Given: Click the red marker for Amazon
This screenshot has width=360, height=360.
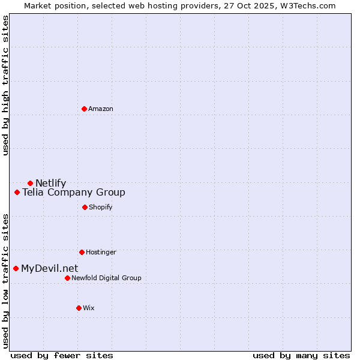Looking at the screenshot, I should pos(84,109).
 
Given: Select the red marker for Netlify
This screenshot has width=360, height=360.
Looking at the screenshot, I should pos(30,183).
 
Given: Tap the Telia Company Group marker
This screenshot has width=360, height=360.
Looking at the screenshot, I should pos(17,193).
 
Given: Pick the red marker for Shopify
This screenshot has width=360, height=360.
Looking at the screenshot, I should pos(85,207).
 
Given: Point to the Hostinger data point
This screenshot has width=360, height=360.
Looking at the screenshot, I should pos(82,252).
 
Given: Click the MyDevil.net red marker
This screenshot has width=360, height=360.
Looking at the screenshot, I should pos(16,268).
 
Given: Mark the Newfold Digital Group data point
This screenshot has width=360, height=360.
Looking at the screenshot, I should pos(67,278).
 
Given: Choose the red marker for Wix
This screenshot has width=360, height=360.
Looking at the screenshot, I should pos(79,308).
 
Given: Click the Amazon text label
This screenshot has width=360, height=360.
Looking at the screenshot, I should pos(101,109).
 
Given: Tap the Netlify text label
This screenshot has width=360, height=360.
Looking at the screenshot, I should pos(50,183).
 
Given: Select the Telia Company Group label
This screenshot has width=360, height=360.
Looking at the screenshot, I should pos(74,193).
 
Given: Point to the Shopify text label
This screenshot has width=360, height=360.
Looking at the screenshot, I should pos(100,207).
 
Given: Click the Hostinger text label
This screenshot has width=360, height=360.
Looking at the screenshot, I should pos(101,252).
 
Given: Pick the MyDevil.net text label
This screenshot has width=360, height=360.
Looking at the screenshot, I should pos(49,268).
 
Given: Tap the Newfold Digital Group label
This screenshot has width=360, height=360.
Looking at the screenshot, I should pos(106,278).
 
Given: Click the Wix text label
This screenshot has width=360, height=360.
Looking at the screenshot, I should pos(89,308).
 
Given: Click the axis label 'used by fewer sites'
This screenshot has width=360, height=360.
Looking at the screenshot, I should pos(62,355).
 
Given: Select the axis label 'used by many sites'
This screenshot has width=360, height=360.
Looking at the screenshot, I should pos(301,355).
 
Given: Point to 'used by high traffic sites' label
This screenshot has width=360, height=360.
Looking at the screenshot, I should pos(6,85).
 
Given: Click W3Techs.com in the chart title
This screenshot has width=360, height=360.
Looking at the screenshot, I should pos(304,5).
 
